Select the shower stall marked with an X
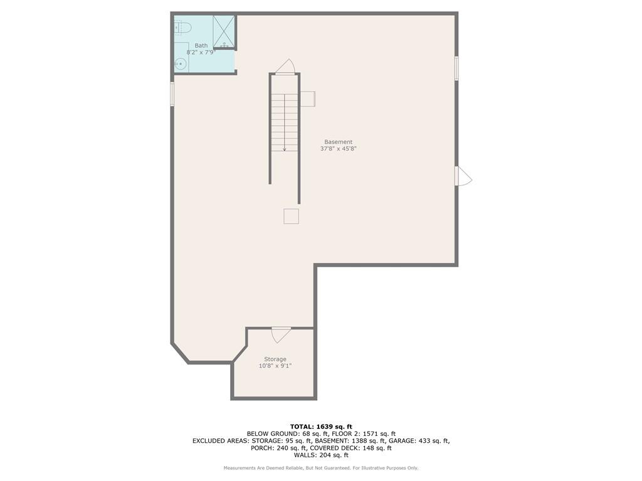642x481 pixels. click(x=224, y=32)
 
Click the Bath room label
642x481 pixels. click(x=201, y=45)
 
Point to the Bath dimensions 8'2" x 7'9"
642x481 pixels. click(x=201, y=52)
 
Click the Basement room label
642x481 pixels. click(x=338, y=142)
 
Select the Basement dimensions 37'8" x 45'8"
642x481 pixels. click(x=338, y=149)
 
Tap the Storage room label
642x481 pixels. click(x=275, y=359)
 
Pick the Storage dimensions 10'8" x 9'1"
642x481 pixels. click(x=275, y=366)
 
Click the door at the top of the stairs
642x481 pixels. click(x=285, y=66)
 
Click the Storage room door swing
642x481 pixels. click(x=281, y=335)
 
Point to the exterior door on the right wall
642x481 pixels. click(x=463, y=176)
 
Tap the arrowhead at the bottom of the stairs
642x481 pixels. click(x=284, y=150)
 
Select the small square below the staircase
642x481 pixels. click(x=291, y=216)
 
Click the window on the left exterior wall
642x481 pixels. click(x=172, y=94)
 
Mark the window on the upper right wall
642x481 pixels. click(x=456, y=68)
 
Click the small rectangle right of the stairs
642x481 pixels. click(x=308, y=99)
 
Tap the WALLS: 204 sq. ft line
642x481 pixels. click(x=321, y=455)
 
